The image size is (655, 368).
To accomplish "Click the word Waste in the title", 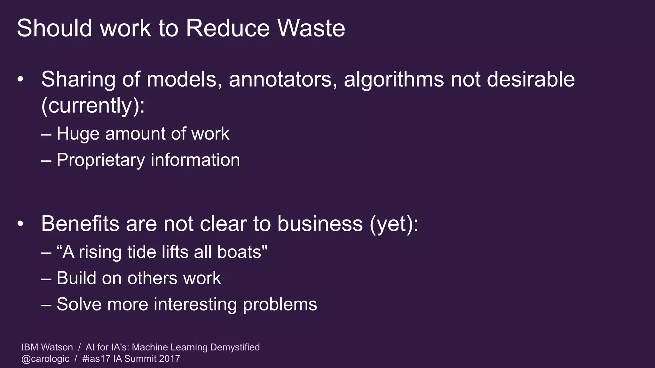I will click(x=311, y=28).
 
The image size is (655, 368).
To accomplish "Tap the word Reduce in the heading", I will click(x=228, y=28).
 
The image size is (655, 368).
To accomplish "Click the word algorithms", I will click(x=394, y=79).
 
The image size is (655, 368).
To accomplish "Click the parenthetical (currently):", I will click(x=93, y=105).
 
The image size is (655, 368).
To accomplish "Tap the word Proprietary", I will click(x=101, y=160).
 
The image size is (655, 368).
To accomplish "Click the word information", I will click(x=195, y=160).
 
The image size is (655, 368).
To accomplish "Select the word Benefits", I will click(x=80, y=224).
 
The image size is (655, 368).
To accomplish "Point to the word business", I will click(x=320, y=224).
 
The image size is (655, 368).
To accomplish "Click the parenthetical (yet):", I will click(x=394, y=224).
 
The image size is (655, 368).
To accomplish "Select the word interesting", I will click(x=195, y=304).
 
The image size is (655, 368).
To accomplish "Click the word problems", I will click(x=280, y=304).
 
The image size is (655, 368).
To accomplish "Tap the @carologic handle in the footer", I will click(x=45, y=359).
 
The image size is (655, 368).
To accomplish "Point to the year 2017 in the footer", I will click(x=170, y=359).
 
